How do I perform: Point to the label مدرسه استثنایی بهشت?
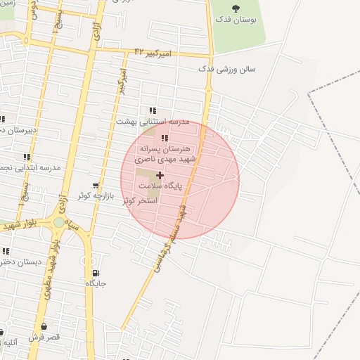click(153, 122)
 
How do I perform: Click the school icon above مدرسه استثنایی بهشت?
click(153, 110)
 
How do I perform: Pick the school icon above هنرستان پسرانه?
click(165, 138)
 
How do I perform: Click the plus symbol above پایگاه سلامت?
click(160, 175)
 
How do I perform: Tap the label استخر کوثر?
click(140, 200)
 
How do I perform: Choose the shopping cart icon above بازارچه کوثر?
click(96, 186)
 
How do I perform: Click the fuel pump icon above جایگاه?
click(96, 273)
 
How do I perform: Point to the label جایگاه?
click(96, 284)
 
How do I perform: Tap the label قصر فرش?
click(44, 337)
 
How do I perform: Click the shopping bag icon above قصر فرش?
click(44, 326)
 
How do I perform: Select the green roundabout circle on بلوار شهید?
click(58, 223)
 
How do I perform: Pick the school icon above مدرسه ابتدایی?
click(27, 157)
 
